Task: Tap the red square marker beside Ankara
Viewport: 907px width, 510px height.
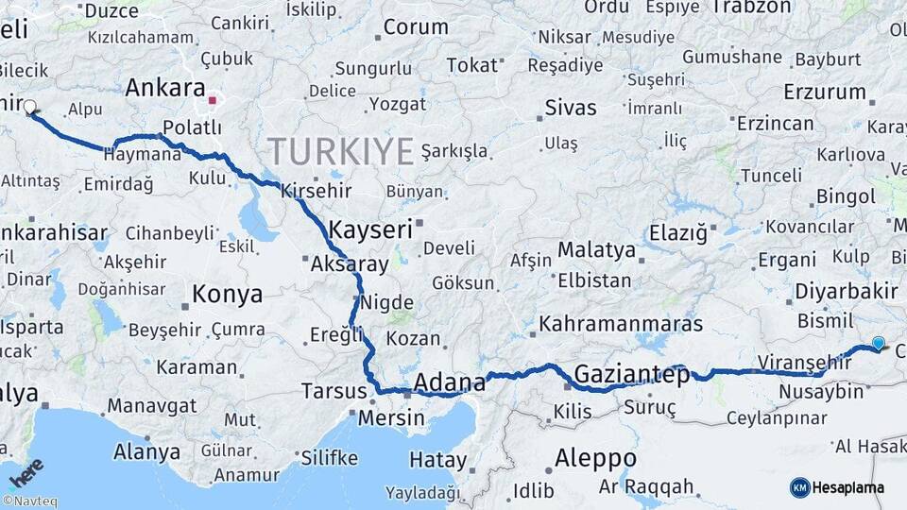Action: point(214,98)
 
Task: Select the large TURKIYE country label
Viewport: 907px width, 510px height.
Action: point(341,150)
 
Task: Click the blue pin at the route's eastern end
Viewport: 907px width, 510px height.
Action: point(879,344)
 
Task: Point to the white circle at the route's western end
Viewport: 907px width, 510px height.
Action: point(29,108)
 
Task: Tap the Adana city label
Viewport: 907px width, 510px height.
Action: point(450,382)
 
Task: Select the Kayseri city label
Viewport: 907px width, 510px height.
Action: point(371,229)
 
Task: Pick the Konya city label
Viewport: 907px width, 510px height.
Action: point(227,295)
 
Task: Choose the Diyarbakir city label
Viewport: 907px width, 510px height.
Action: point(846,291)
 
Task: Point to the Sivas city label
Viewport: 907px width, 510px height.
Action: point(570,107)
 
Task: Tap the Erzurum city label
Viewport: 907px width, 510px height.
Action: point(824,93)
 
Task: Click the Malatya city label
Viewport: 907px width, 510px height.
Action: point(596,250)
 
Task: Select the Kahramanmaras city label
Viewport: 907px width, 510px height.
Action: point(621,324)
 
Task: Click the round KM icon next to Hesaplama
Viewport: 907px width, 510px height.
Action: point(799,487)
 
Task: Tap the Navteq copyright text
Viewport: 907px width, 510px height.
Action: point(29,501)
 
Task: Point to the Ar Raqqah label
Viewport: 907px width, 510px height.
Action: point(646,487)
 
